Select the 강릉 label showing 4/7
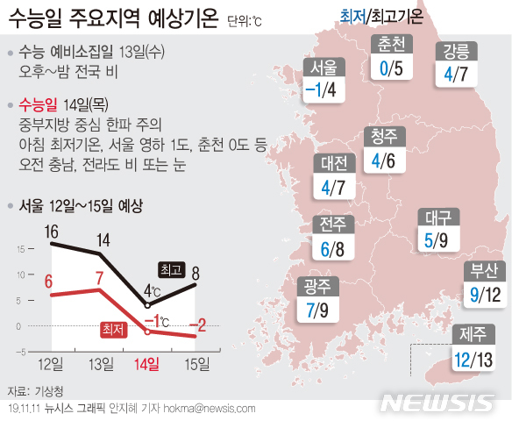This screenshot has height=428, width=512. pyautogui.click(x=459, y=63)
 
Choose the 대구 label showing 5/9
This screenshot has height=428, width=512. pyautogui.click(x=437, y=230)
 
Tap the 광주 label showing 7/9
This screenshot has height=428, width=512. pyautogui.click(x=317, y=298)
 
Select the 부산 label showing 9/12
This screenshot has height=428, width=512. pyautogui.click(x=485, y=282)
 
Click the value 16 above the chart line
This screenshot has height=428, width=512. pyautogui.click(x=50, y=232)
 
